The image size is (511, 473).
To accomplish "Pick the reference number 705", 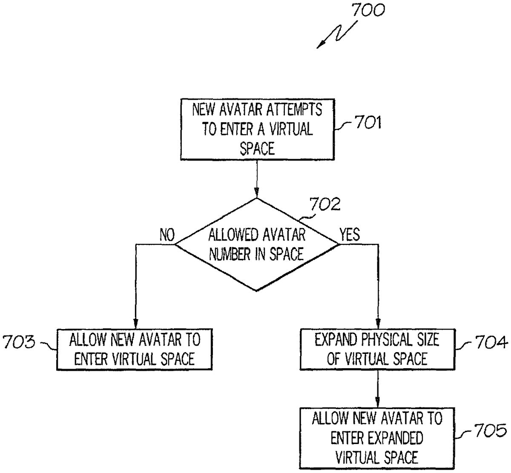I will click(x=490, y=431).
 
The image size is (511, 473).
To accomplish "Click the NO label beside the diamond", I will click(x=167, y=235).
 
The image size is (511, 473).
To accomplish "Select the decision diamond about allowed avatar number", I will click(x=257, y=245).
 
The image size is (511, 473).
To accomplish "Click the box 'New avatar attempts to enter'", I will click(x=257, y=129).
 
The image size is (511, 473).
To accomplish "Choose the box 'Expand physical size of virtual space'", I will click(x=377, y=349).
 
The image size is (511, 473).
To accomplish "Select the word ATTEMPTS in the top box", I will click(x=294, y=110).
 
